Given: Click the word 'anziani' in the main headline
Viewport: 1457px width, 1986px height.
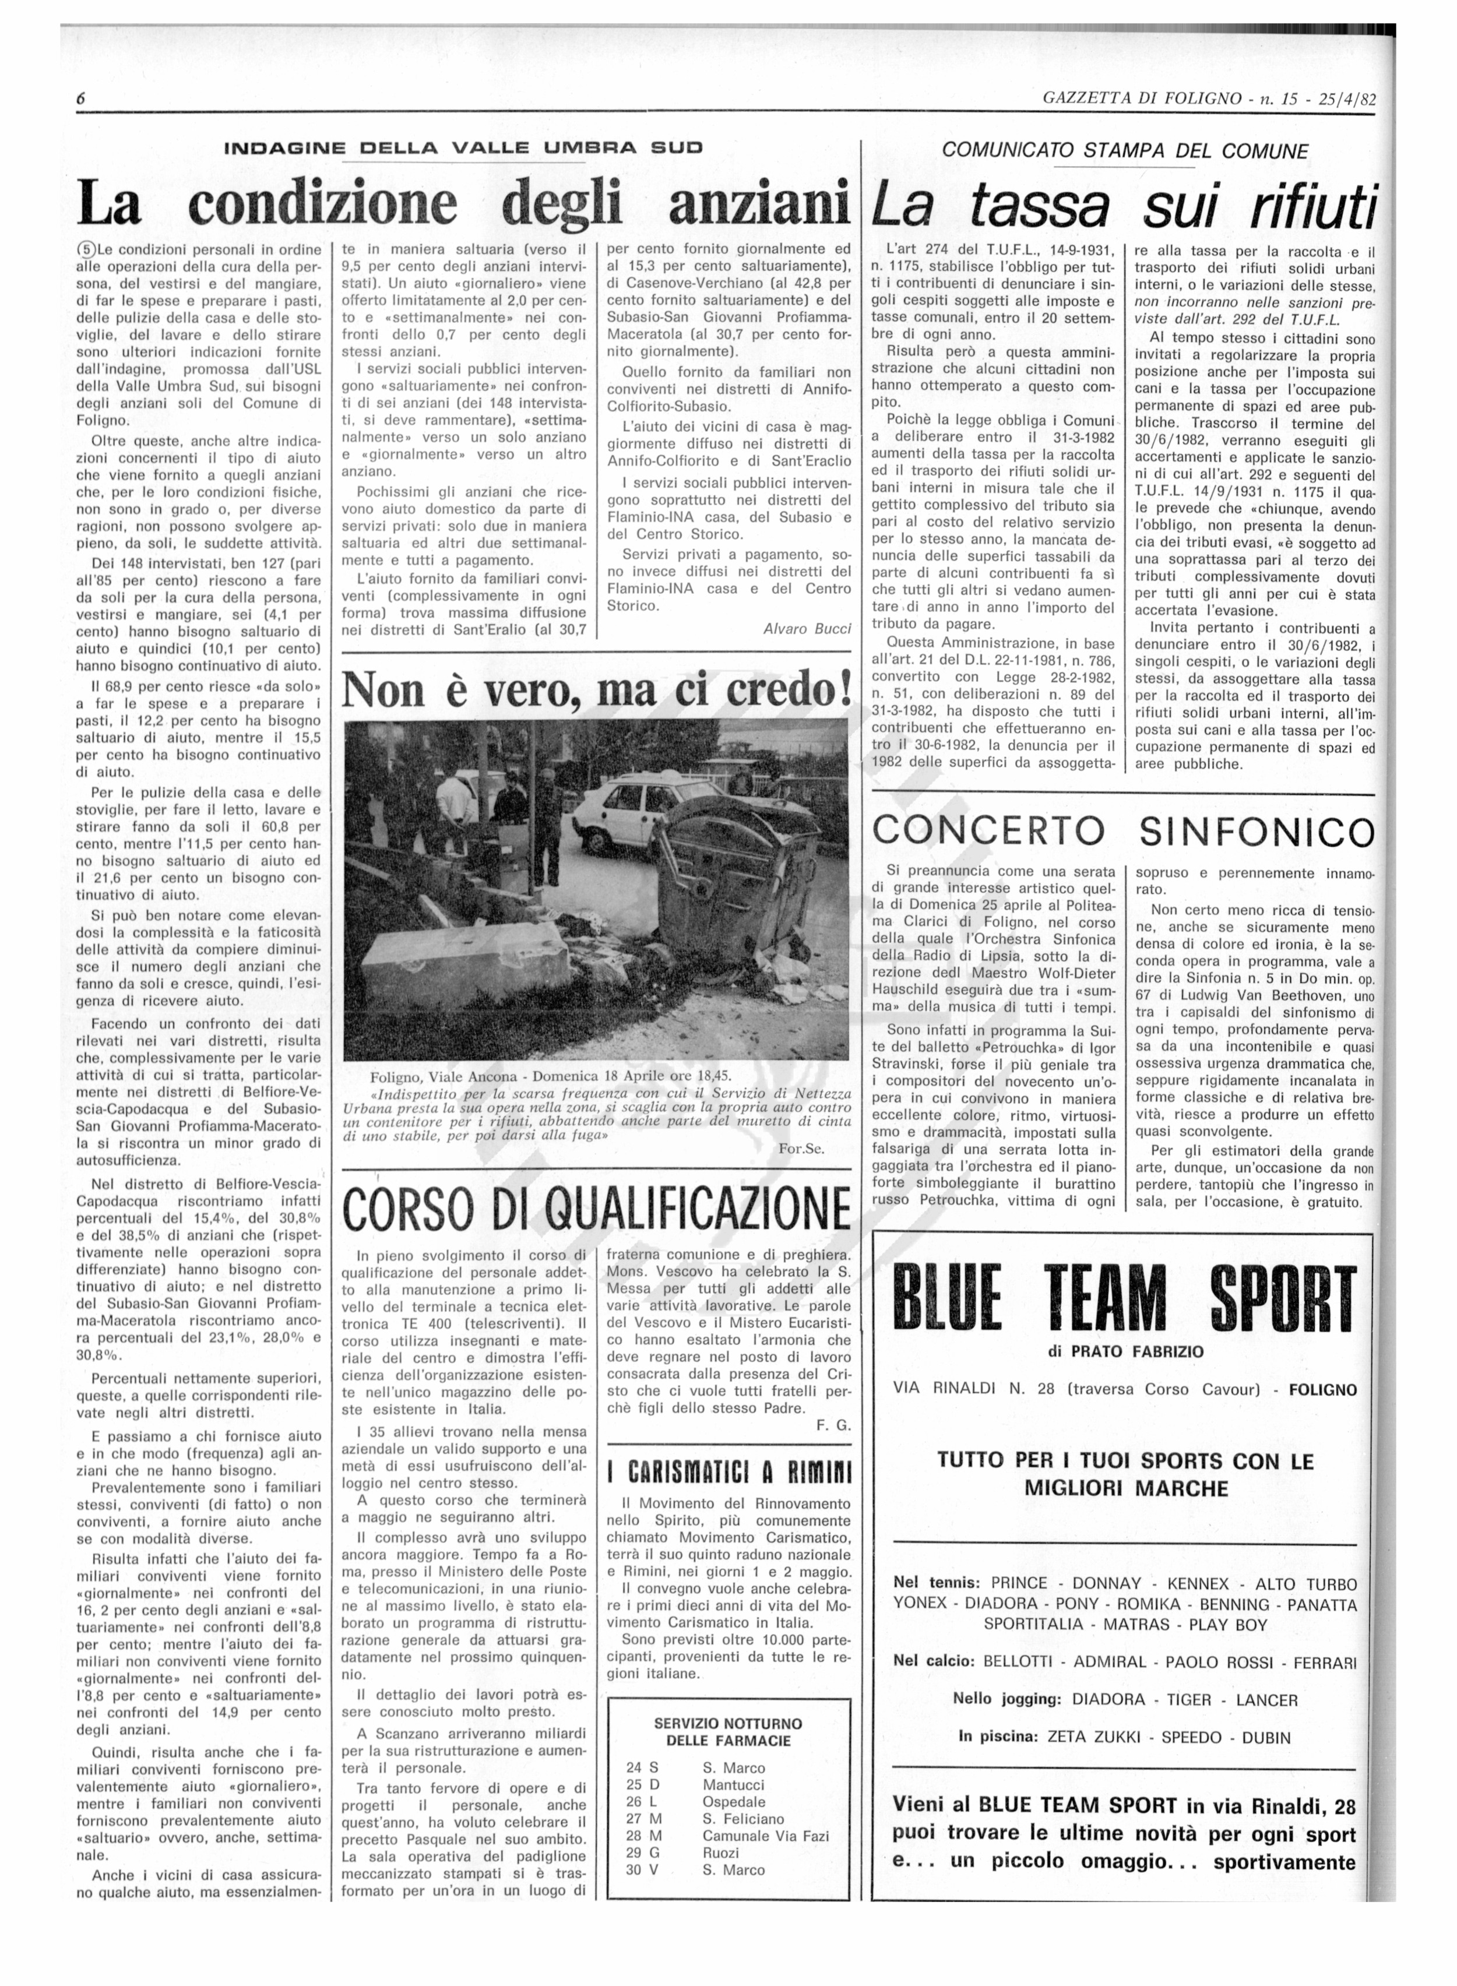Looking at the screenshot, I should point(759,205).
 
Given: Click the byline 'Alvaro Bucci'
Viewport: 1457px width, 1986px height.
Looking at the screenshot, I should point(807,629).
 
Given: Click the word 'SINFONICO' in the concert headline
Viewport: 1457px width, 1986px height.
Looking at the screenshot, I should point(1256,831).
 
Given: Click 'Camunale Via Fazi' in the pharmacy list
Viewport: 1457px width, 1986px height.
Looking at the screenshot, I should point(766,1836).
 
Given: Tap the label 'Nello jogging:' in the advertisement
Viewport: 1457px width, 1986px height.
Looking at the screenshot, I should point(1007,1699).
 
